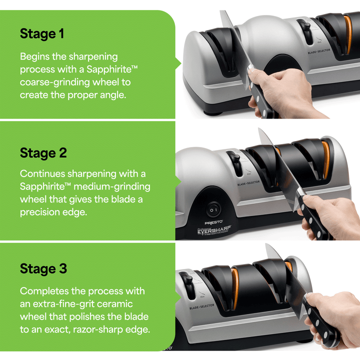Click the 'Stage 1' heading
click(x=42, y=34)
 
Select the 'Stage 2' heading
click(x=43, y=152)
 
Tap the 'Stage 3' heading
click(x=43, y=268)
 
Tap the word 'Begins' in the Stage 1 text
click(x=35, y=56)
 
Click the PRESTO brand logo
click(x=214, y=221)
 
